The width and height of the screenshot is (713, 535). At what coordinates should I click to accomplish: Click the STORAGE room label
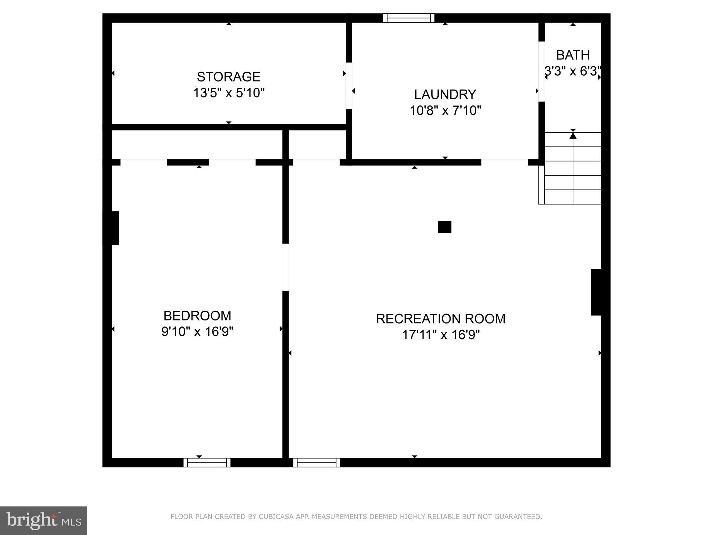coord(228,77)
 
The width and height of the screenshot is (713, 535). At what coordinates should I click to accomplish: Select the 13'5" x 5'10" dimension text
coord(229,93)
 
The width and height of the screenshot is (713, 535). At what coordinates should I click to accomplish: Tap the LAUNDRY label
coord(445,94)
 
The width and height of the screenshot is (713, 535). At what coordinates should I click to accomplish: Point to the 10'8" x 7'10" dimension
coord(445,111)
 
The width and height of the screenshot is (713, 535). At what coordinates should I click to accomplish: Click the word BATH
coord(573,55)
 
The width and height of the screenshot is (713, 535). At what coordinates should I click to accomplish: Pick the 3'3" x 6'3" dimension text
coord(573,71)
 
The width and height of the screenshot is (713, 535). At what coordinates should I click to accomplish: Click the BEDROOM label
coord(197,316)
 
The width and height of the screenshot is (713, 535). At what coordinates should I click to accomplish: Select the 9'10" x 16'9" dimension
coord(197,332)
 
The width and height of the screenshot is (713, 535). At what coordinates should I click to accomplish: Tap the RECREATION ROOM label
coord(440,319)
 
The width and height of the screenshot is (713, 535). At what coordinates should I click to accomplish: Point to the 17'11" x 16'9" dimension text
coord(441,335)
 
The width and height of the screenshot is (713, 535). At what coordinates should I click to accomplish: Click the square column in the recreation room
coord(444,227)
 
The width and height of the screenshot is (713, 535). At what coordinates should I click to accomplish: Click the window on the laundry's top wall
coord(409,18)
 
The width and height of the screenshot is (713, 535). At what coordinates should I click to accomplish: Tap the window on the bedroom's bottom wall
coord(207,463)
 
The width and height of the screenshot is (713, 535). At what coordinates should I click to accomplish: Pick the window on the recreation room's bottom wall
coord(316,463)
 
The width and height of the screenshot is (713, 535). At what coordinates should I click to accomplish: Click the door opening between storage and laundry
coord(349,86)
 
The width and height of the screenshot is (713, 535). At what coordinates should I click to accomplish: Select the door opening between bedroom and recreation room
coord(285,267)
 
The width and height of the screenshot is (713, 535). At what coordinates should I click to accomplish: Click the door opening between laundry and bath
coord(541,71)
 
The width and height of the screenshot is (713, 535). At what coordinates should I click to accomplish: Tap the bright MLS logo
coord(43,520)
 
